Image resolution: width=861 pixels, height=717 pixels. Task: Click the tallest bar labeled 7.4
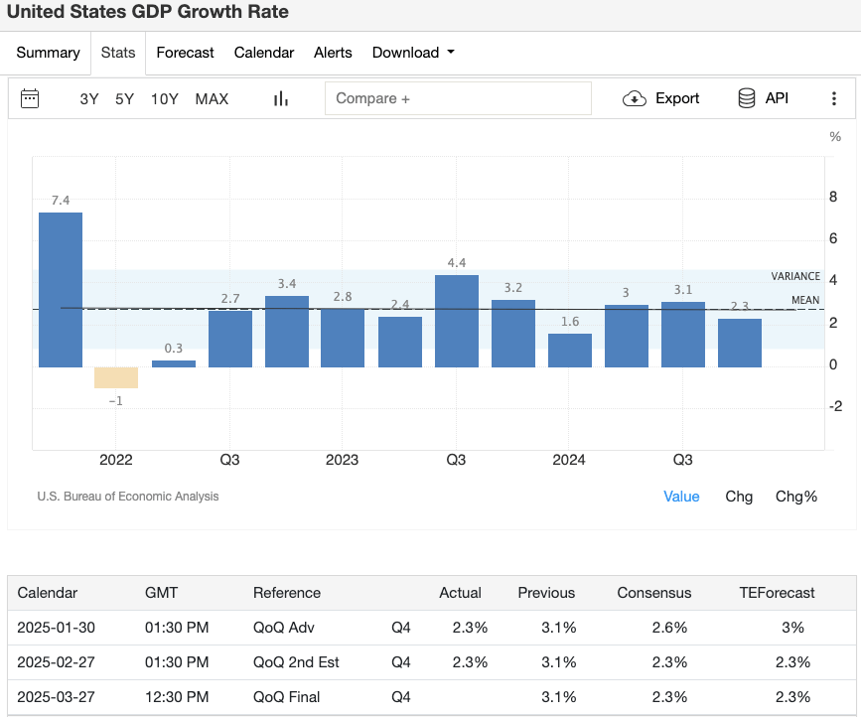click(61, 289)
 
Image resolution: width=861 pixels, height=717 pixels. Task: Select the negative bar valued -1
click(116, 377)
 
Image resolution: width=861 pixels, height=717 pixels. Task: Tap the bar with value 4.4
click(457, 321)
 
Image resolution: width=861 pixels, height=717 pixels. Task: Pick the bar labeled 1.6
click(570, 351)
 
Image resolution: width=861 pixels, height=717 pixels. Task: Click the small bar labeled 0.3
click(174, 363)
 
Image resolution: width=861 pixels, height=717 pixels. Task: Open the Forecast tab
click(185, 53)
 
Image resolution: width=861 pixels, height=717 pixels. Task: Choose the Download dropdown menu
click(413, 53)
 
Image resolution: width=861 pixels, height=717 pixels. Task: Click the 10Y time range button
click(164, 98)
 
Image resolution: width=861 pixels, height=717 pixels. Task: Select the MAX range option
click(212, 98)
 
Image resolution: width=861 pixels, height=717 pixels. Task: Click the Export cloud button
click(661, 98)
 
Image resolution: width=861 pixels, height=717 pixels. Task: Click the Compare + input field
click(458, 98)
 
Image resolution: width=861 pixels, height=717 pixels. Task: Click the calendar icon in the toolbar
click(30, 98)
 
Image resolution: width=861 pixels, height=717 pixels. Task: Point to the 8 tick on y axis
click(833, 197)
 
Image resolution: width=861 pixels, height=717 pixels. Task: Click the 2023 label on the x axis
click(343, 460)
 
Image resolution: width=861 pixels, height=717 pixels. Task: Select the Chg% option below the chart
click(796, 497)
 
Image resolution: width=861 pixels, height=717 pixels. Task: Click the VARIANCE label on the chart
click(795, 277)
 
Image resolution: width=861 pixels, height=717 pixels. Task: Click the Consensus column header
click(653, 593)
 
